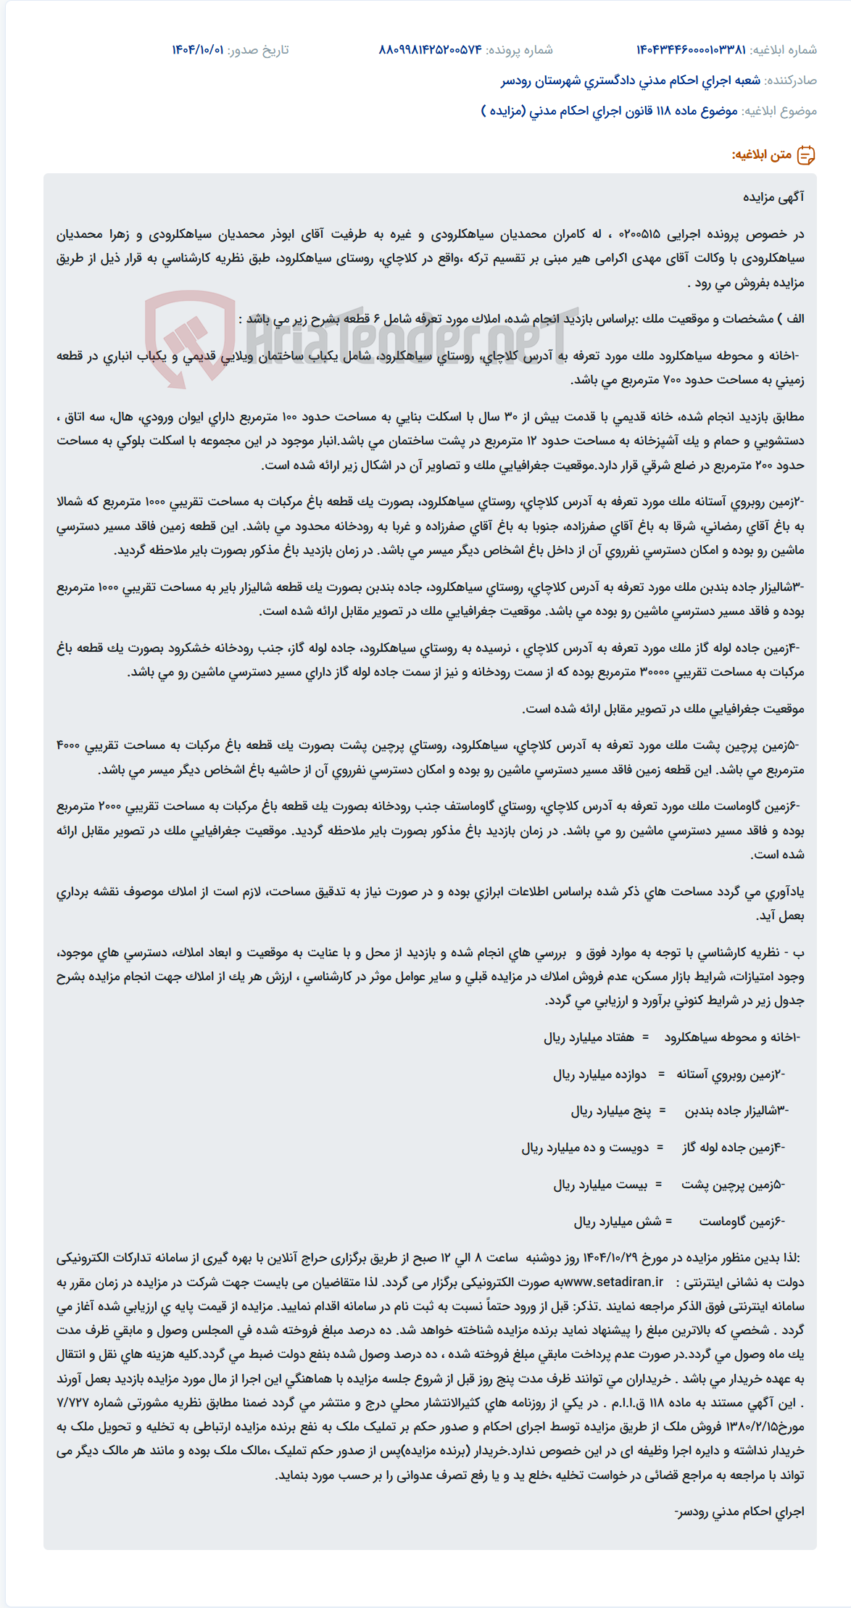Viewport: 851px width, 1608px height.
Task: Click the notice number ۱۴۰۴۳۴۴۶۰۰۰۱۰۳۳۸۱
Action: click(x=691, y=50)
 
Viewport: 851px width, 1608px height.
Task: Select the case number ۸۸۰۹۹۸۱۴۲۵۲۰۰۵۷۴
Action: click(x=430, y=50)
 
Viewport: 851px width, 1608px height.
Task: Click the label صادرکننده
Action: click(x=791, y=80)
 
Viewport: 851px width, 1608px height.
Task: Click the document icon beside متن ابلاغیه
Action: click(x=806, y=155)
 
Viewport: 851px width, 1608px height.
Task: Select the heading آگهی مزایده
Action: click(x=773, y=197)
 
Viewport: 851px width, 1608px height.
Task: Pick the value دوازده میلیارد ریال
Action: click(x=599, y=1074)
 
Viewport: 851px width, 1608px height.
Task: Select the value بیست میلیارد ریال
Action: click(x=599, y=1185)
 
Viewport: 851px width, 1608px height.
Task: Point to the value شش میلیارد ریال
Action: click(x=618, y=1222)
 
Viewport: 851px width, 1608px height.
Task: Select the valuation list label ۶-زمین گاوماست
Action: click(x=742, y=1222)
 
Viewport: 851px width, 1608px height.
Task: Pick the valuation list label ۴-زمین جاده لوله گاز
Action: click(x=733, y=1148)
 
